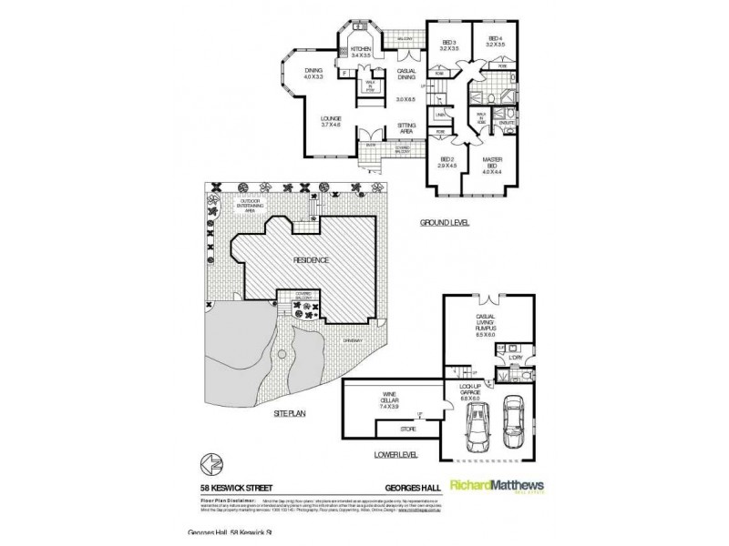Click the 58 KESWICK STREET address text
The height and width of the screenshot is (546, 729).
[237, 487]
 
